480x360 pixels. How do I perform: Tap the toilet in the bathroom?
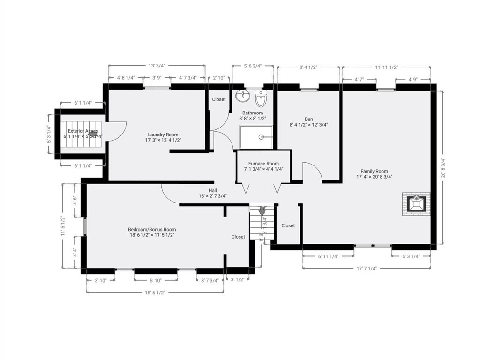(261, 99)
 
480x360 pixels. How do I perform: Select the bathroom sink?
(243, 97)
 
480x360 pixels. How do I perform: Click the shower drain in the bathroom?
(261, 137)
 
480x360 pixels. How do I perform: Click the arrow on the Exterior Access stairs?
(92, 134)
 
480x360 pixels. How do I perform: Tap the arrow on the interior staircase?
(262, 211)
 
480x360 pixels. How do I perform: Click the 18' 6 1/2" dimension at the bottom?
(155, 292)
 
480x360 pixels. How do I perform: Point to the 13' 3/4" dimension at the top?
(157, 66)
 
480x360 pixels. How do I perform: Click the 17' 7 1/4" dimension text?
(367, 268)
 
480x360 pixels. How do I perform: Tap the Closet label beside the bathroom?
(218, 99)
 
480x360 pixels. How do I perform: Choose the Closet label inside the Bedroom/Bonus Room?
(238, 237)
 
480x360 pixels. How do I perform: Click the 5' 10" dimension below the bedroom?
(156, 280)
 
